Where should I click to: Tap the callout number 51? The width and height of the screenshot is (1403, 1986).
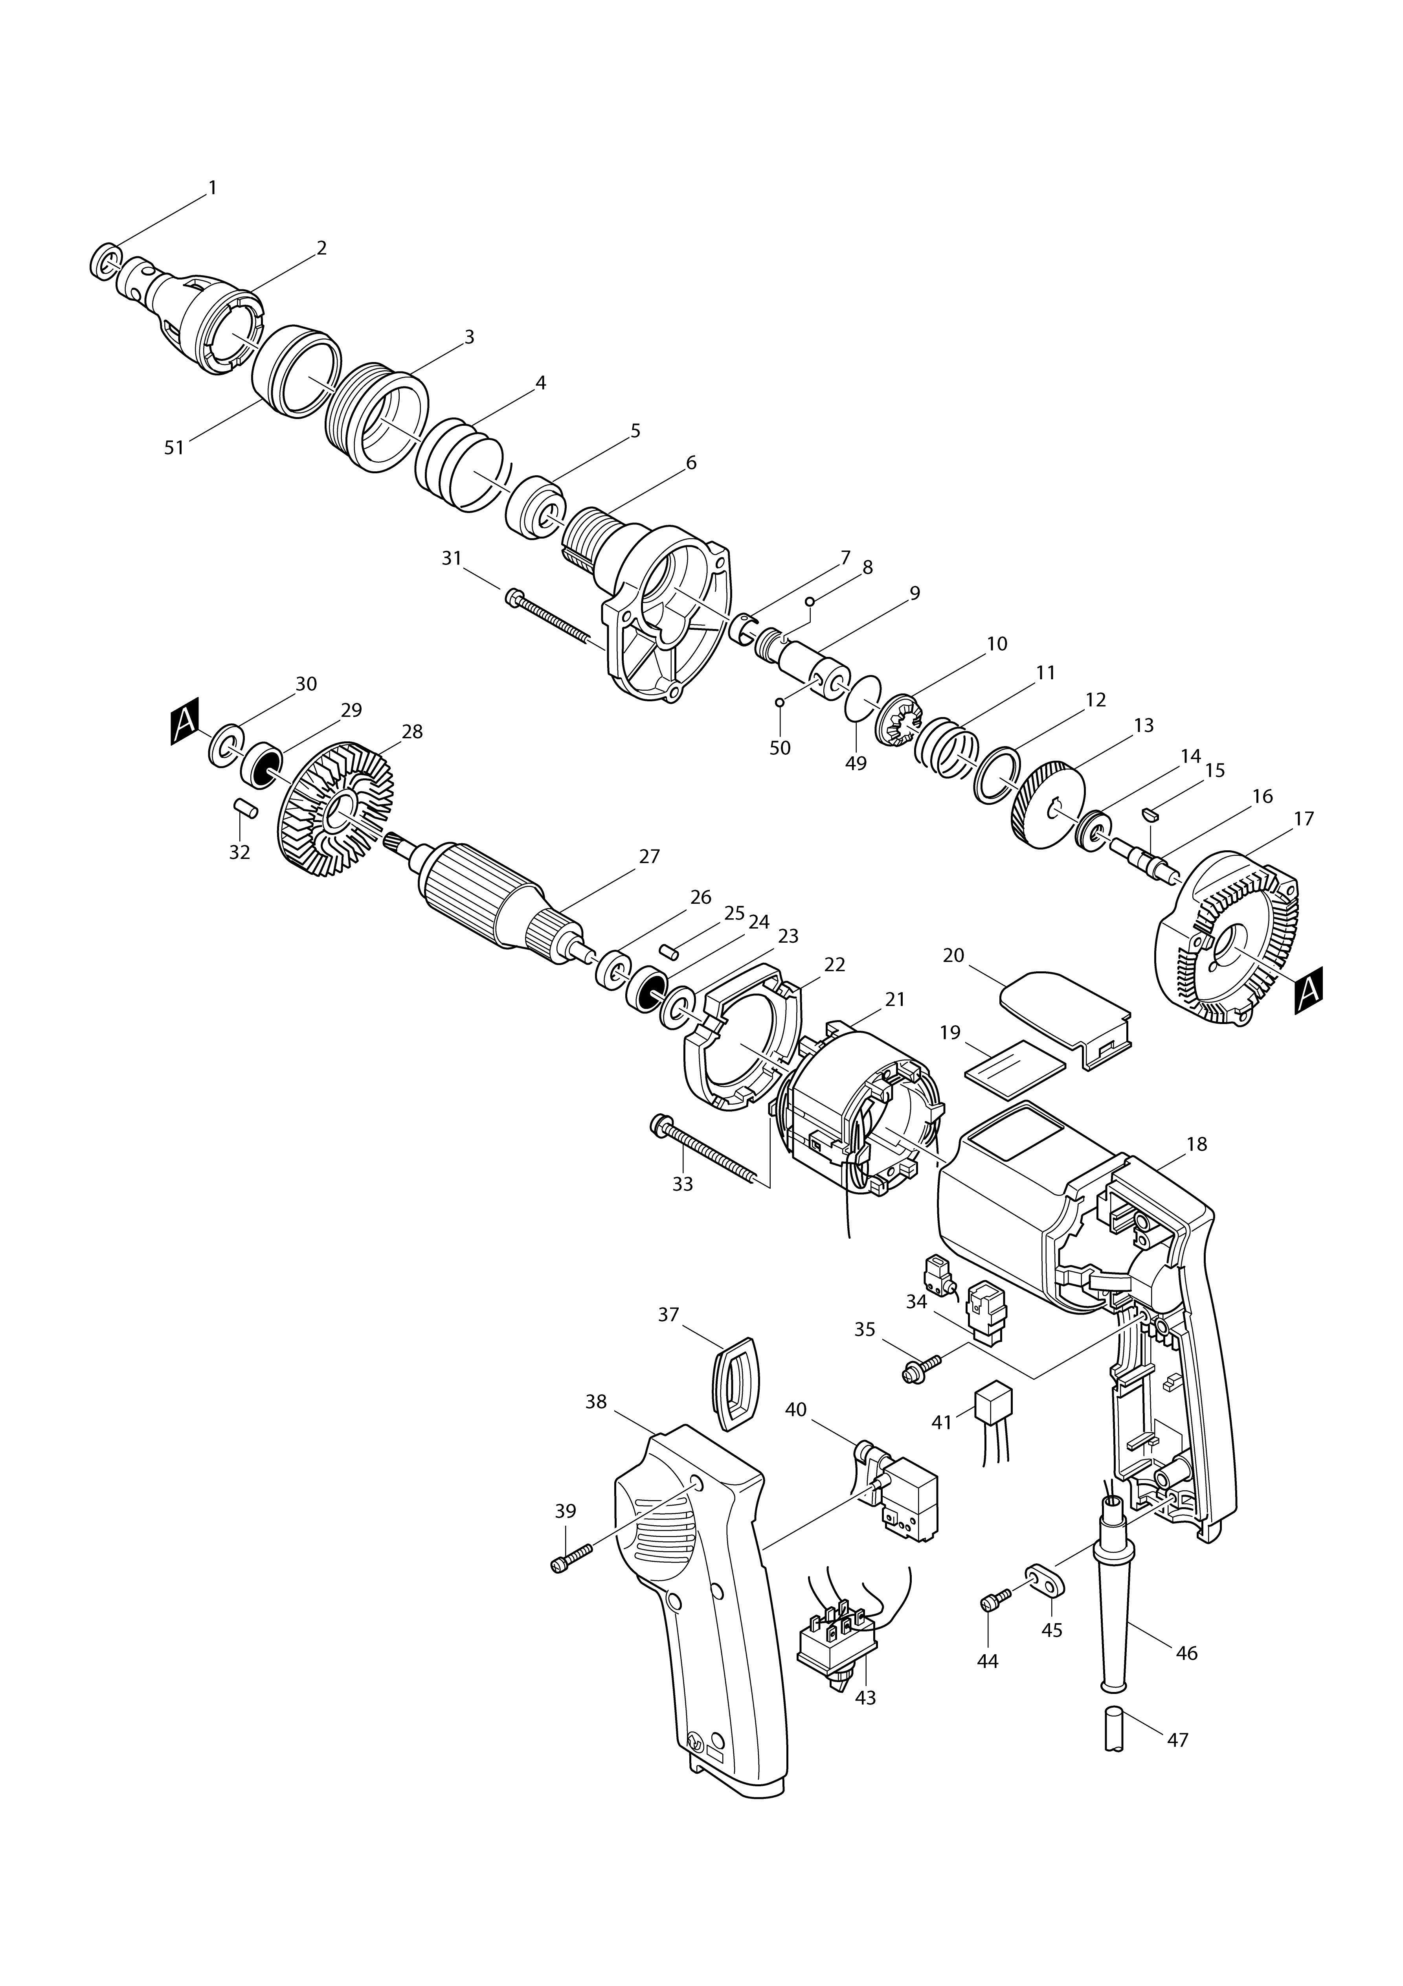pyautogui.click(x=175, y=448)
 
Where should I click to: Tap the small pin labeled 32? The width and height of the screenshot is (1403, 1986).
pyautogui.click(x=246, y=810)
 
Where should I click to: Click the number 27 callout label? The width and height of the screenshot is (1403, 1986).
pyautogui.click(x=650, y=856)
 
